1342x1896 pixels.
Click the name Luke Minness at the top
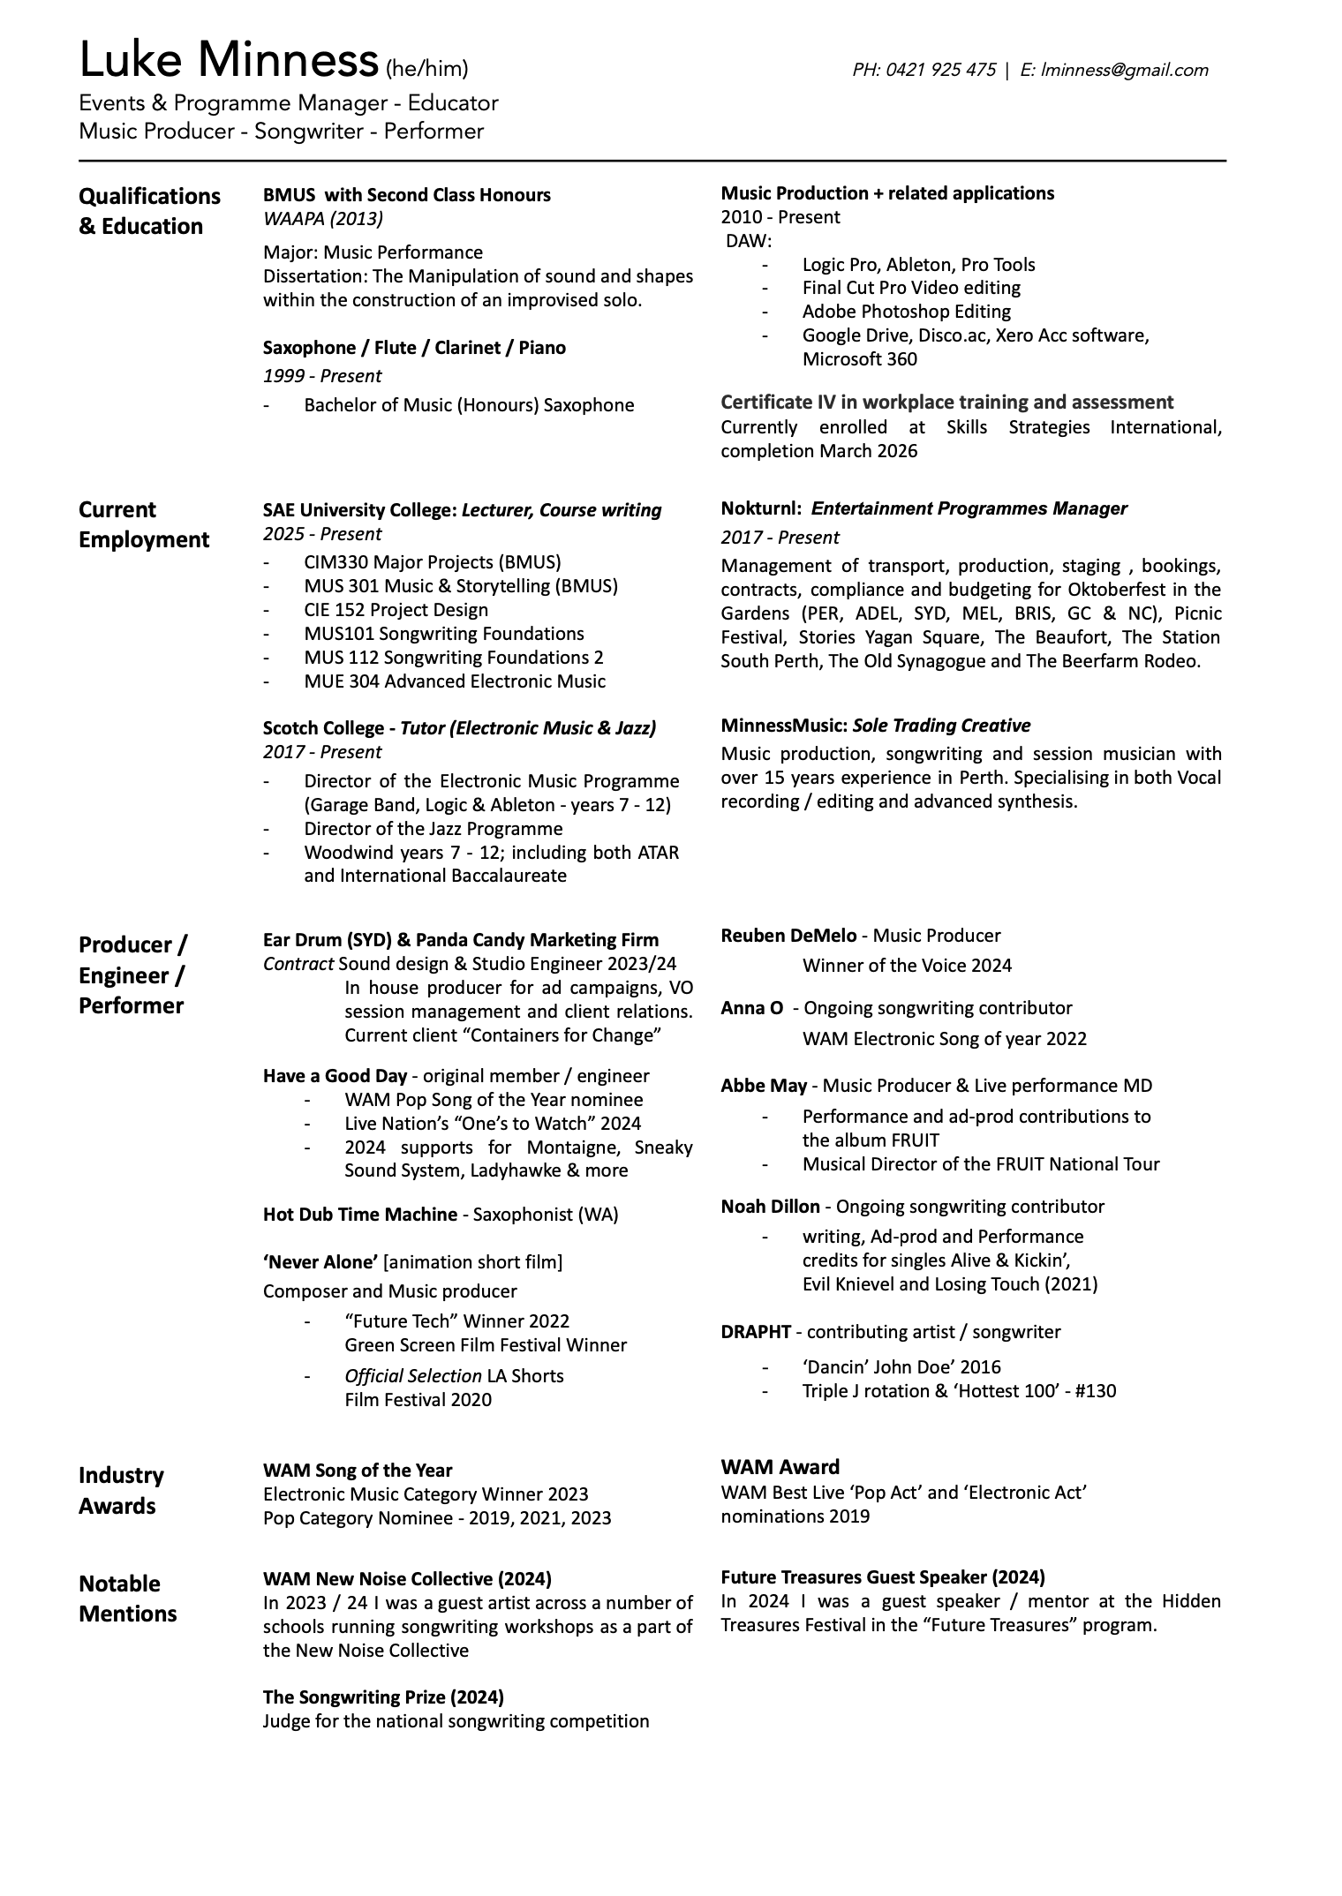click(228, 62)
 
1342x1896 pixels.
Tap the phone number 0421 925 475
click(940, 70)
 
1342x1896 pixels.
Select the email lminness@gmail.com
click(1124, 70)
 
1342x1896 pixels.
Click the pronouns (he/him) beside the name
click(426, 69)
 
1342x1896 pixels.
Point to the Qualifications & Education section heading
click(149, 211)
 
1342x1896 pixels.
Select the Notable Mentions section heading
click(127, 1598)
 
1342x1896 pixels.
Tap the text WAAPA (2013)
click(322, 218)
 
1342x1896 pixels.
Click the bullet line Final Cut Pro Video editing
click(910, 288)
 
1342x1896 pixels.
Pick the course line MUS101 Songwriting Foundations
click(443, 634)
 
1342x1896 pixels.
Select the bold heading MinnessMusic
click(783, 726)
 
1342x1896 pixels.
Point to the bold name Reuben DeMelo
click(788, 936)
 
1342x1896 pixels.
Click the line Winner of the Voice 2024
click(906, 966)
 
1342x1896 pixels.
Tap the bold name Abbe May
click(764, 1086)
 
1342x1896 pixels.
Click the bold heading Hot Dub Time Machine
click(359, 1215)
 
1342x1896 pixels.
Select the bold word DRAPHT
click(755, 1332)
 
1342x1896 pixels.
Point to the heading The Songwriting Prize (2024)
click(383, 1697)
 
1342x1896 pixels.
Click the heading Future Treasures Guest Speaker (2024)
click(882, 1576)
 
